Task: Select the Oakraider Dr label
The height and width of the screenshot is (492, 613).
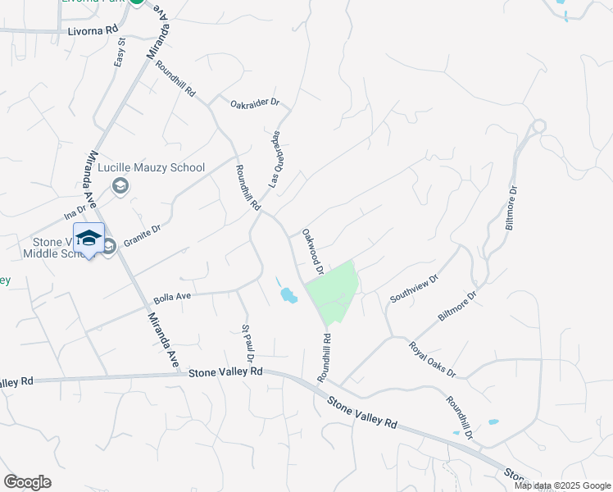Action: (x=255, y=104)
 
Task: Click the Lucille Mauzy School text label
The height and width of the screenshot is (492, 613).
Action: (x=151, y=168)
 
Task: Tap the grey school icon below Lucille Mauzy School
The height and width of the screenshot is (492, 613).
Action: (x=120, y=188)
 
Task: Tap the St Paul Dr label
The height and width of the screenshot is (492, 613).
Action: (x=247, y=343)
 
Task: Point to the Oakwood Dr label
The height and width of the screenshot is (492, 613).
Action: (x=313, y=252)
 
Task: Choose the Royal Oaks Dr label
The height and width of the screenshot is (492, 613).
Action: (x=432, y=359)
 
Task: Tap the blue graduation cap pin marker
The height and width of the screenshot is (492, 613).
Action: (x=89, y=239)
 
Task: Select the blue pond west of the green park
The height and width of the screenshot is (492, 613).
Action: (x=288, y=294)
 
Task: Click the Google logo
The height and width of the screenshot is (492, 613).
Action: (x=28, y=482)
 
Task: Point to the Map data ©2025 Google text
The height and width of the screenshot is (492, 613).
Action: (x=562, y=485)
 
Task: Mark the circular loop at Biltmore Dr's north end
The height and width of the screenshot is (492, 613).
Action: (x=538, y=126)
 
